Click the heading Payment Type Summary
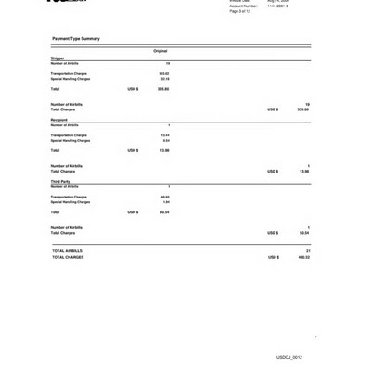coord(76,39)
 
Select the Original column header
coord(160,51)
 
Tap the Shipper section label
coord(58,58)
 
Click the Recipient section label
coord(59,120)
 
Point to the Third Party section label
coord(60,182)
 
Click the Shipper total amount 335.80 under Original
coord(163,89)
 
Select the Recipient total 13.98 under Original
coord(164,150)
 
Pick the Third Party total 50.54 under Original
coord(164,212)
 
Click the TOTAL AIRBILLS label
coord(67,251)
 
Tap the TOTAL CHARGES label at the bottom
coord(68,257)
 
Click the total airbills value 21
coord(307,251)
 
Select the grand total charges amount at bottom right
coord(304,257)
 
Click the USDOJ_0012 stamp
coord(289,357)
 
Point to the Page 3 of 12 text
coord(240,11)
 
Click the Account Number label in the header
coord(244,6)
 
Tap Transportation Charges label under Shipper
coord(70,73)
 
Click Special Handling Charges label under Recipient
coord(70,140)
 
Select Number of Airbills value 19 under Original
coord(167,63)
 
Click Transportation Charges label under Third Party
coord(70,197)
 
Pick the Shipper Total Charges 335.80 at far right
coord(303,109)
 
